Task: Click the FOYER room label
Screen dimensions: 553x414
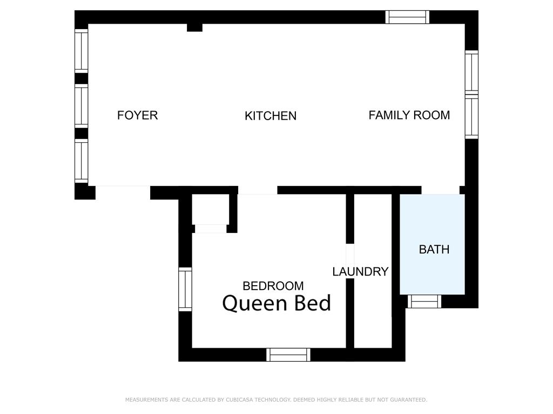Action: point(137,115)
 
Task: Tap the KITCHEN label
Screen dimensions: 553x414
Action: point(271,116)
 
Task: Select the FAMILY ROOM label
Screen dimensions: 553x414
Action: point(409,115)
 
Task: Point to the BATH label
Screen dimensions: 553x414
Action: point(434,250)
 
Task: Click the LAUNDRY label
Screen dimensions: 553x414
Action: point(360,272)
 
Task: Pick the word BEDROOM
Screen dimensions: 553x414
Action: point(273,286)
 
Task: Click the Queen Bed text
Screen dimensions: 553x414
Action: point(277,303)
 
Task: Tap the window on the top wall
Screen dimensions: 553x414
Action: point(407,17)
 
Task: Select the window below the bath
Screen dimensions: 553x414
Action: point(424,301)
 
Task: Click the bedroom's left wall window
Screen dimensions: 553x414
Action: point(185,289)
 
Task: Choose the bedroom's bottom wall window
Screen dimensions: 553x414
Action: point(288,355)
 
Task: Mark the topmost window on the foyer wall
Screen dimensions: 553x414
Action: point(81,51)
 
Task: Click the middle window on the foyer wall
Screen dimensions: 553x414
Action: point(81,106)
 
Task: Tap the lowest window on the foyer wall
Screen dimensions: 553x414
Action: point(81,161)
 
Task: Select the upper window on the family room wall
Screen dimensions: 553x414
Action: point(471,73)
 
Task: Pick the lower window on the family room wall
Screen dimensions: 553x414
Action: point(471,116)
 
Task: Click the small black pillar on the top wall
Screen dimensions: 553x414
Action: point(194,27)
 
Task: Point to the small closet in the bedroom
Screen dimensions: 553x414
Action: point(211,209)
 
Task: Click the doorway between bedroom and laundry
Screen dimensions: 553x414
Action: point(350,261)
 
